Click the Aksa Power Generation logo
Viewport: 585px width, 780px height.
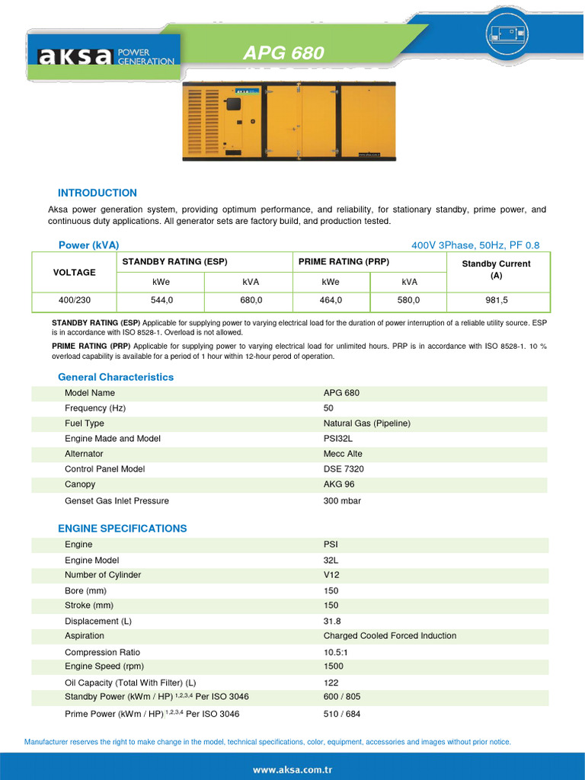point(106,56)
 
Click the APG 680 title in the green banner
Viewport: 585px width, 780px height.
point(283,53)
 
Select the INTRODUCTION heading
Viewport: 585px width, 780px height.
point(97,193)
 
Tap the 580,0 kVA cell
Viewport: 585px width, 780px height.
point(408,301)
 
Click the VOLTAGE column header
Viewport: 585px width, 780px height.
point(75,272)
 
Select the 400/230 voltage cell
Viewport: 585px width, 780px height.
point(75,301)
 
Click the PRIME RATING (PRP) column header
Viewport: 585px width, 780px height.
point(344,261)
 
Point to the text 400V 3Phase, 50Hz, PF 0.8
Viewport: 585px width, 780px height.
point(475,245)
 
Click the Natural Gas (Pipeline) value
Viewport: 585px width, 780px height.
point(366,424)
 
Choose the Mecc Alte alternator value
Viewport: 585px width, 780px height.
point(343,454)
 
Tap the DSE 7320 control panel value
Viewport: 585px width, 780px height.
point(344,469)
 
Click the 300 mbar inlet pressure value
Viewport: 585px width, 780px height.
point(342,501)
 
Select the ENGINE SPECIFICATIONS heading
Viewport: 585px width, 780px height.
point(123,529)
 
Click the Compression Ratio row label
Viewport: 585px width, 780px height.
point(102,653)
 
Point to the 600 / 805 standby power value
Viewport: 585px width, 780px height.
point(342,697)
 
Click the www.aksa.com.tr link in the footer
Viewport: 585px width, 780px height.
point(292,770)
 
